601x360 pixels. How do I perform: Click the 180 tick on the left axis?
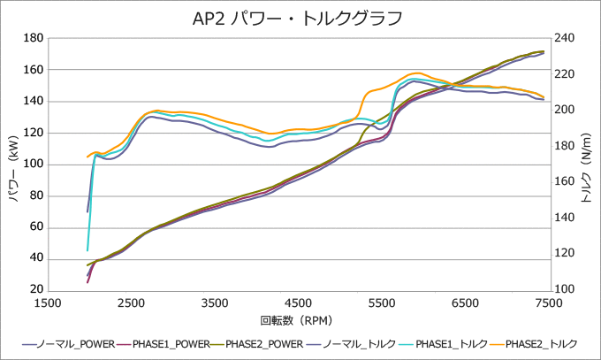(34, 38)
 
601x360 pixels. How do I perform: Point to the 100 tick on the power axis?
(34, 165)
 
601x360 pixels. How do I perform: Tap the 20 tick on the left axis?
(36, 290)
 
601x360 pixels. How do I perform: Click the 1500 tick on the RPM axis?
(49, 303)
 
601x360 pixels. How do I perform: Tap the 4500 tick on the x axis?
(299, 303)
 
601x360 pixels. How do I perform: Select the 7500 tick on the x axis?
(549, 303)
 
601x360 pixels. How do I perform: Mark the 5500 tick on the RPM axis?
(382, 303)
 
